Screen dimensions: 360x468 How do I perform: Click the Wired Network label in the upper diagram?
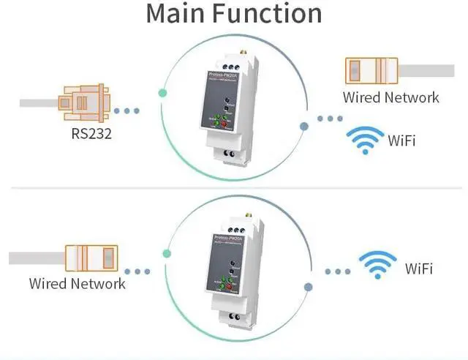(x=391, y=97)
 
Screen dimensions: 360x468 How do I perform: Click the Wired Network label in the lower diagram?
(x=77, y=283)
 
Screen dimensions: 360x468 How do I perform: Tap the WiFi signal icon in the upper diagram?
(x=364, y=140)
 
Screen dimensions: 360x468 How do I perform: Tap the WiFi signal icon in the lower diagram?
(x=378, y=268)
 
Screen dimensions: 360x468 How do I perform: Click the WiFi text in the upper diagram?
(x=401, y=140)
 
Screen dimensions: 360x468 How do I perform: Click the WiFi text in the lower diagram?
(x=418, y=269)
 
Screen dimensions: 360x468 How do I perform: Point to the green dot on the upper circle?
(x=162, y=93)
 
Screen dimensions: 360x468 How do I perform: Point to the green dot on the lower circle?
(x=167, y=255)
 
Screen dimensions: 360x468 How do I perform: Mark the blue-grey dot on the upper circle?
(x=304, y=126)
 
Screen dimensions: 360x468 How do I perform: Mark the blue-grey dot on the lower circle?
(x=309, y=288)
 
